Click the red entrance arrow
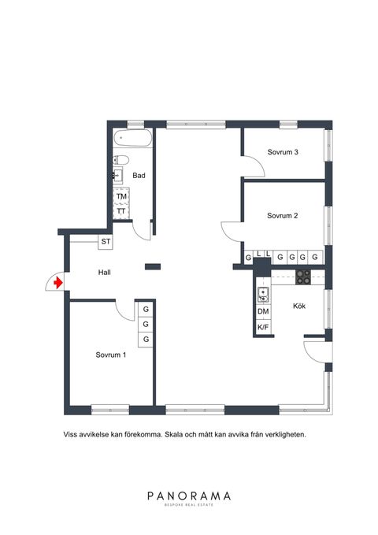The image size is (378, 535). coord(58,283)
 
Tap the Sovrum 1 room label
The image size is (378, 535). coord(111,355)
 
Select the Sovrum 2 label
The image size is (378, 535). coord(283,216)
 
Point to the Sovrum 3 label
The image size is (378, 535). coord(283,152)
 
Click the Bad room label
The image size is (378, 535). coord(139,176)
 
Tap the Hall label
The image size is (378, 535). coord(105,273)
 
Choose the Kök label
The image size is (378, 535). coord(299,306)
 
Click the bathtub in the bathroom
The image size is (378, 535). coord(133,138)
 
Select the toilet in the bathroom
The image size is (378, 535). coord(121,160)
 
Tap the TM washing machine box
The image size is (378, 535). coord(121,196)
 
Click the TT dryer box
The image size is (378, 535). coord(121,211)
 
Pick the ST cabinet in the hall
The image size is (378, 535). coord(106,242)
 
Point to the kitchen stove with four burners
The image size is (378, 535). coord(303,277)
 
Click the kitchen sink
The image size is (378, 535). coord(263,295)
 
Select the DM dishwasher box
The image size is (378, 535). coord(263,311)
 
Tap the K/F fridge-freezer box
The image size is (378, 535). coord(263,327)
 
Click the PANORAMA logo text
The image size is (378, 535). coord(189,496)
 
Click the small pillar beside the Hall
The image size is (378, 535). coord(153,267)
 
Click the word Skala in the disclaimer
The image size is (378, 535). coord(174,435)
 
